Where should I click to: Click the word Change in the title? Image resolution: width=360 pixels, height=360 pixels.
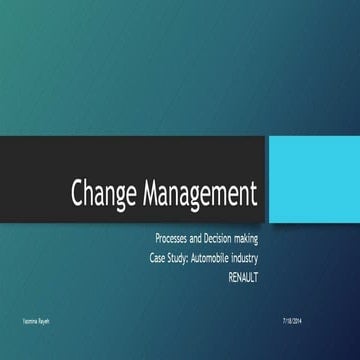105,194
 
